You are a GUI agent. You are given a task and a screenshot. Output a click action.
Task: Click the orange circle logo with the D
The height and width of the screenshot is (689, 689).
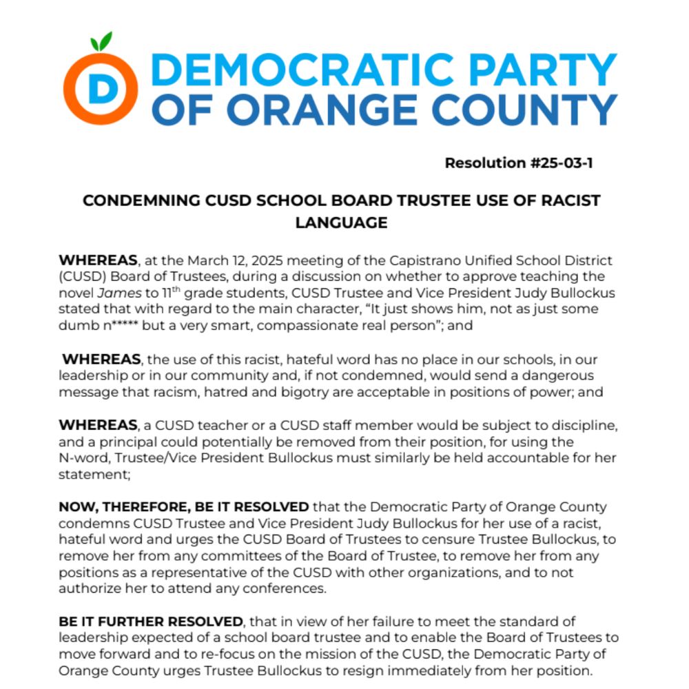point(101,88)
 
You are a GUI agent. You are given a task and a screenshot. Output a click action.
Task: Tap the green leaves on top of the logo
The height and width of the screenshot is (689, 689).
point(102,42)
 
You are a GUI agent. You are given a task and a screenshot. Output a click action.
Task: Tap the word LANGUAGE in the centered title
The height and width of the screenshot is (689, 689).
point(341,223)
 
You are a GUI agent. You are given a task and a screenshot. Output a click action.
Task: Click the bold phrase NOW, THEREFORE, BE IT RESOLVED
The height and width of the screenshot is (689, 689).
point(184,507)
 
